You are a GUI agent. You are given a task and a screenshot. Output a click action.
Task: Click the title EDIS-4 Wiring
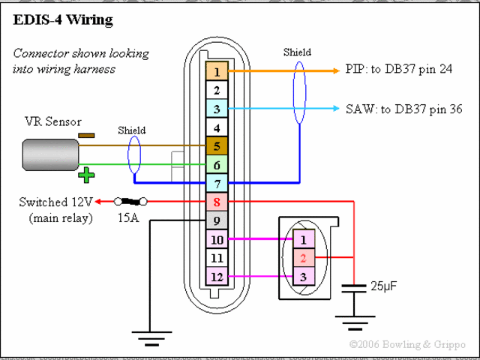(x=63, y=20)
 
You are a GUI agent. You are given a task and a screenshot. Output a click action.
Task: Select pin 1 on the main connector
(x=217, y=72)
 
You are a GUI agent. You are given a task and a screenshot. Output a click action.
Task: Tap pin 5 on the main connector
(x=217, y=146)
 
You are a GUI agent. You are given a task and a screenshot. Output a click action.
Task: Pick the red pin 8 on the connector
(x=217, y=202)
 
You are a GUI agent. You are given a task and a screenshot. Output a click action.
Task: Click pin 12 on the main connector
(x=217, y=276)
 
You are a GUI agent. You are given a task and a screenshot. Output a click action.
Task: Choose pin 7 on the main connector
(x=217, y=183)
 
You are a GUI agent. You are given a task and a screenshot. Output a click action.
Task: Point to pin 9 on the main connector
(x=217, y=220)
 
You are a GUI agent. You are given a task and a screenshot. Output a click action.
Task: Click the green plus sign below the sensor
(x=87, y=176)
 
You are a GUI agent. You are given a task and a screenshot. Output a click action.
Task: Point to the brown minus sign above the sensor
(x=86, y=136)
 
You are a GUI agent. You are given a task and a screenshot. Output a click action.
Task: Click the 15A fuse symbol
(x=130, y=201)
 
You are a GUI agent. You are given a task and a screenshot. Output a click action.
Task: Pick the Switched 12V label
(x=59, y=202)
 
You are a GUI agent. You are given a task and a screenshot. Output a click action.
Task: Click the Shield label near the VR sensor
(x=132, y=130)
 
